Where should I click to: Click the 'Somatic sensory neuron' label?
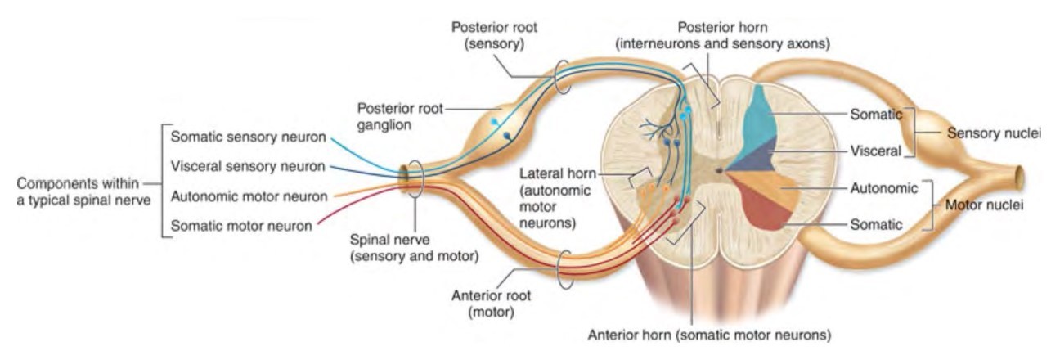click(249, 137)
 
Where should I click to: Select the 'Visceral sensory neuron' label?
click(249, 166)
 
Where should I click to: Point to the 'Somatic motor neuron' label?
click(241, 225)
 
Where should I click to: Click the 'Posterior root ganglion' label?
click(400, 117)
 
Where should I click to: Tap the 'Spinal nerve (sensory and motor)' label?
click(414, 250)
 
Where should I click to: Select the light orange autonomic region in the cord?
click(777, 184)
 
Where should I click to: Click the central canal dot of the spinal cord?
click(719, 171)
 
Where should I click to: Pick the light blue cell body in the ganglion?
click(493, 122)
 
